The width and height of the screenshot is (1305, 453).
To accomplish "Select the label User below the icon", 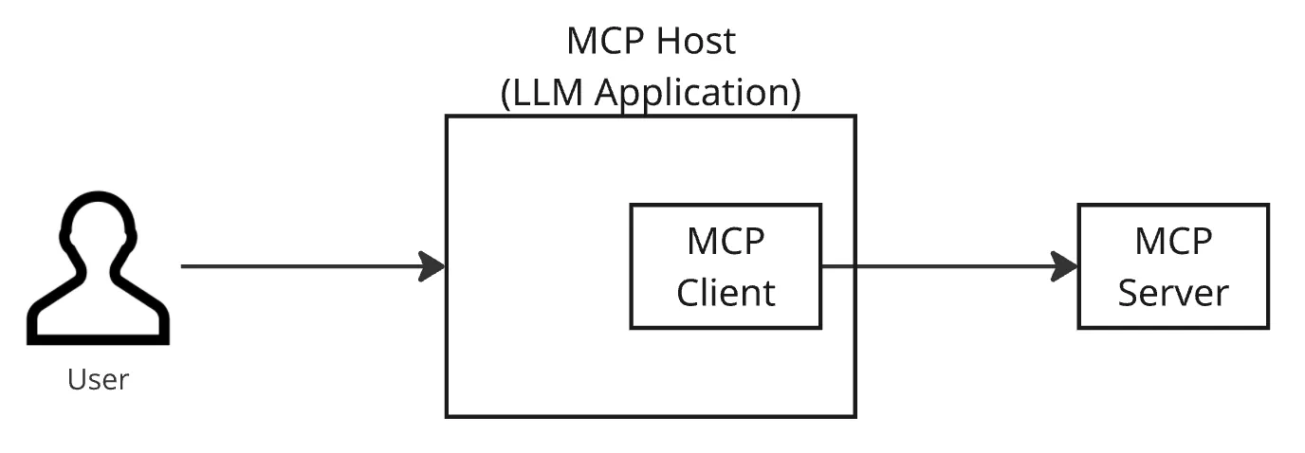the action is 98,380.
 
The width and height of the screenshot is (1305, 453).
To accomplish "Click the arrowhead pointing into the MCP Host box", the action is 432,266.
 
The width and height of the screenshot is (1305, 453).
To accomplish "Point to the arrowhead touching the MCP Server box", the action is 1064,266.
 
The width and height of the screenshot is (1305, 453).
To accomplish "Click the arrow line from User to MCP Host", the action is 313,266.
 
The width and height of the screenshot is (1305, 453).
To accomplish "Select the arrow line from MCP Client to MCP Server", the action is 949,266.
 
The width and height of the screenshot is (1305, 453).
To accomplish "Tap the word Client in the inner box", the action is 726,292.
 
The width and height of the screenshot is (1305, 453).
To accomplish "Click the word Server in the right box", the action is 1173,292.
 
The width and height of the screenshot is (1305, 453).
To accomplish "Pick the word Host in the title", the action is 695,41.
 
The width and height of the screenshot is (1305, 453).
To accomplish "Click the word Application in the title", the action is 697,93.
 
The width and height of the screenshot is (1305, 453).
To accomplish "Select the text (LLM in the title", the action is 542,93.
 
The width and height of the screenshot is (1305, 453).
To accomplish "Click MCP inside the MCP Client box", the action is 726,241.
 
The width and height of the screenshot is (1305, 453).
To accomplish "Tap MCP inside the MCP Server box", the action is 1173,241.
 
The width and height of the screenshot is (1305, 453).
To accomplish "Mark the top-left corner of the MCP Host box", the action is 447,116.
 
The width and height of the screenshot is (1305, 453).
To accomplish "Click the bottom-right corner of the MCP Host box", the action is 855,417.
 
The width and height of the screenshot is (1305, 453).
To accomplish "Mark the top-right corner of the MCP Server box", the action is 1268,205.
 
